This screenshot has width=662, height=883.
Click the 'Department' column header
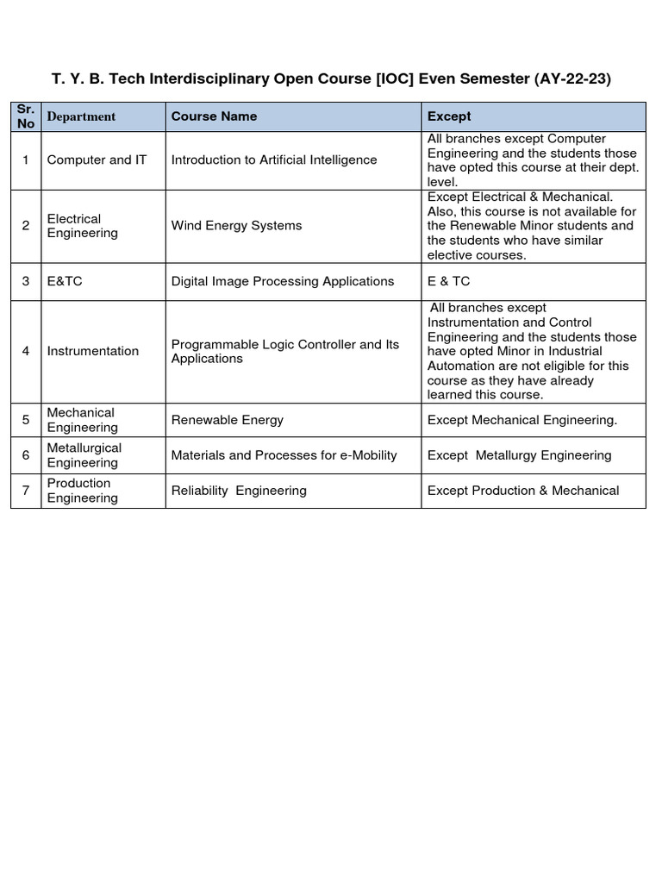pyautogui.click(x=81, y=116)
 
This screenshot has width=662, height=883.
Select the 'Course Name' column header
pyautogui.click(x=214, y=116)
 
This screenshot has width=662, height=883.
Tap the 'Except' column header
pyautogui.click(x=449, y=116)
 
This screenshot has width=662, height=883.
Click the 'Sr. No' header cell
pyautogui.click(x=25, y=116)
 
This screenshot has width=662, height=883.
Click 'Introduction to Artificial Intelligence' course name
pyautogui.click(x=274, y=160)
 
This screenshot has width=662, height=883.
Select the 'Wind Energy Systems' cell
pyautogui.click(x=236, y=226)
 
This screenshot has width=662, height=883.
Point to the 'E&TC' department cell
pyautogui.click(x=65, y=282)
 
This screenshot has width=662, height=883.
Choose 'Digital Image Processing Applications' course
pyautogui.click(x=283, y=282)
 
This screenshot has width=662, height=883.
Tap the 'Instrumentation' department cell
pyautogui.click(x=92, y=351)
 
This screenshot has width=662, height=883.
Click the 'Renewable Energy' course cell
pyautogui.click(x=227, y=420)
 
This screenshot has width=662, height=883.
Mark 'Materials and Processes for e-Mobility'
pyautogui.click(x=284, y=455)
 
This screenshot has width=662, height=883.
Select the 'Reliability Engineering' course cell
pyautogui.click(x=239, y=491)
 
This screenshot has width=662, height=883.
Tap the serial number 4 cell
pyautogui.click(x=26, y=351)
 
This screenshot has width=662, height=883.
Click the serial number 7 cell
pyautogui.click(x=26, y=491)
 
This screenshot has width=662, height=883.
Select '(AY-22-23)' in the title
pyautogui.click(x=572, y=78)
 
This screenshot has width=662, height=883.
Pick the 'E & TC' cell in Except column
pyautogui.click(x=449, y=282)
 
